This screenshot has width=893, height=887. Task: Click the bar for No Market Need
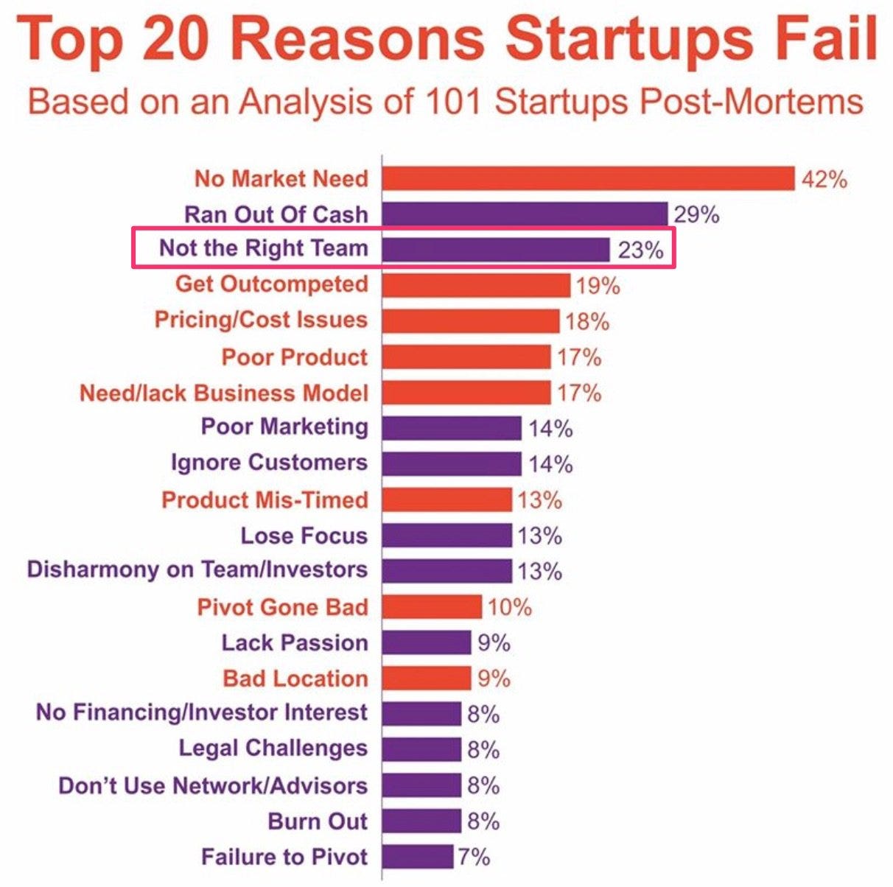(588, 178)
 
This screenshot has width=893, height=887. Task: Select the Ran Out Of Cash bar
(525, 214)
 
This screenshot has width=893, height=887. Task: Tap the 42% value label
(824, 179)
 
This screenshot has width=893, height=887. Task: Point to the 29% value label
(696, 214)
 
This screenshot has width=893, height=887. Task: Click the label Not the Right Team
(263, 248)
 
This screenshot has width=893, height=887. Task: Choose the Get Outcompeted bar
(476, 284)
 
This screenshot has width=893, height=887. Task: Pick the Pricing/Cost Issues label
(261, 320)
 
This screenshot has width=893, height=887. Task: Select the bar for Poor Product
(466, 357)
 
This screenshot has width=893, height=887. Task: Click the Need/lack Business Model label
(223, 393)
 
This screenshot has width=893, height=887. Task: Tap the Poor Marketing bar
(452, 427)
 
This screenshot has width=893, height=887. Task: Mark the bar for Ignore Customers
(452, 463)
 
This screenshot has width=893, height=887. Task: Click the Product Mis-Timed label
(265, 499)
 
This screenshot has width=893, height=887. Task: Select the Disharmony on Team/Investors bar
(446, 571)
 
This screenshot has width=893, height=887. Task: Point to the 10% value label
(509, 607)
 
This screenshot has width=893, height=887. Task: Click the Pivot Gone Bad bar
(432, 607)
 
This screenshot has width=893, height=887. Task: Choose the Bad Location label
(295, 679)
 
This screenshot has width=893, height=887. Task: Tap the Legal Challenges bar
(421, 749)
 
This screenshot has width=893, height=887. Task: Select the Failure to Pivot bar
(417, 856)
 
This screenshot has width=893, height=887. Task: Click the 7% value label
(474, 857)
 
